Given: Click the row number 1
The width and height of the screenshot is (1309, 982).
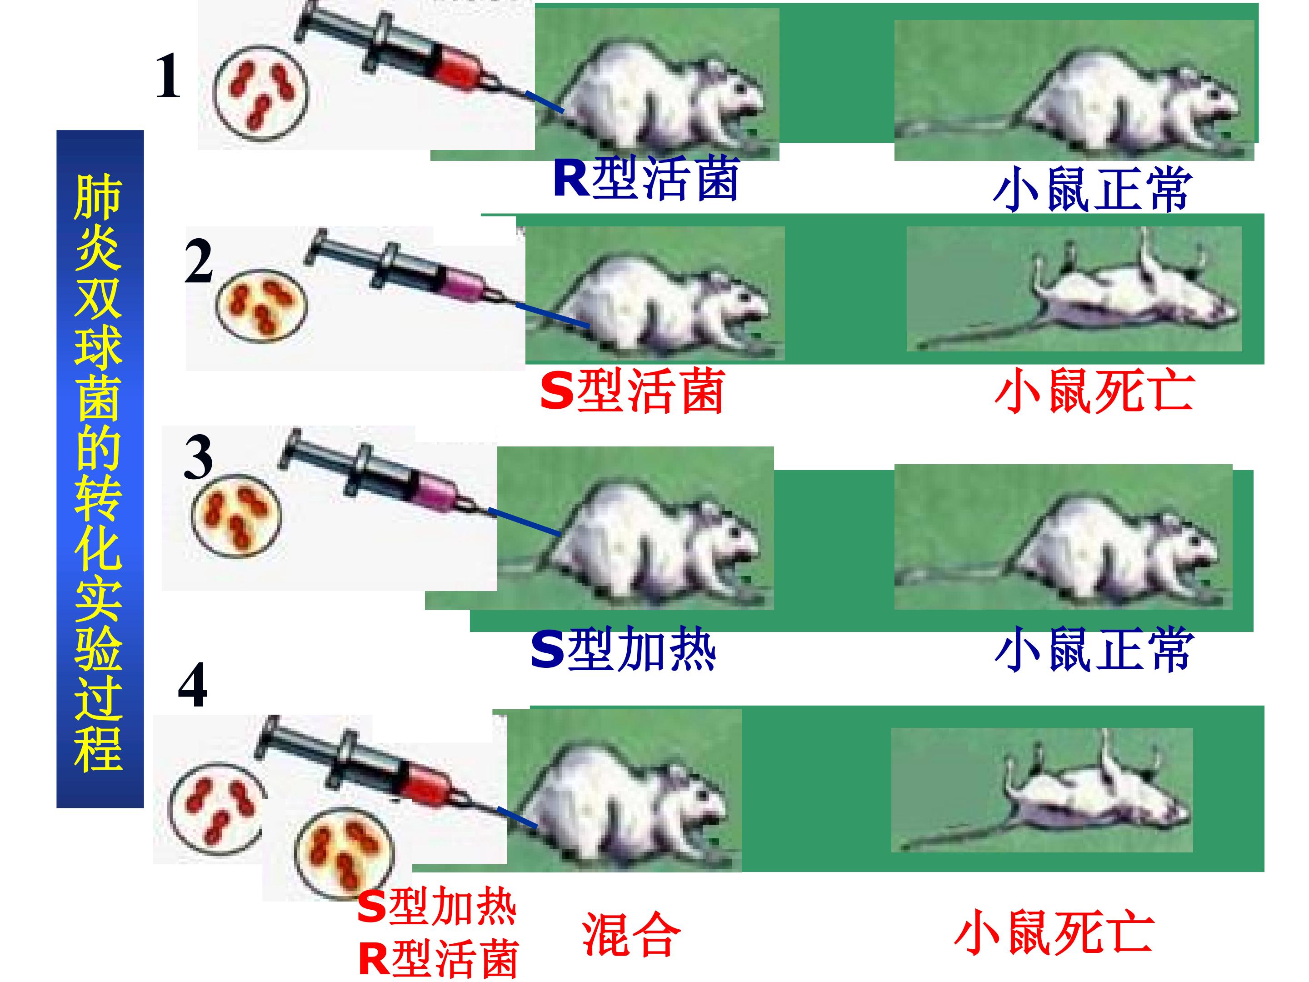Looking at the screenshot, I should point(168,77).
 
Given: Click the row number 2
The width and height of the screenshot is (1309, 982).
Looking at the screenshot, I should point(198,261).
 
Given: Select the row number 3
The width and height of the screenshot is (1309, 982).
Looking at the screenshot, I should point(198,457).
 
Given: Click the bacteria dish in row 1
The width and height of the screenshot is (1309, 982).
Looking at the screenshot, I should point(261,94).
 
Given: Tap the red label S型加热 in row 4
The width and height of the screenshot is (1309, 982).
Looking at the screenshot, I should point(437,907).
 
